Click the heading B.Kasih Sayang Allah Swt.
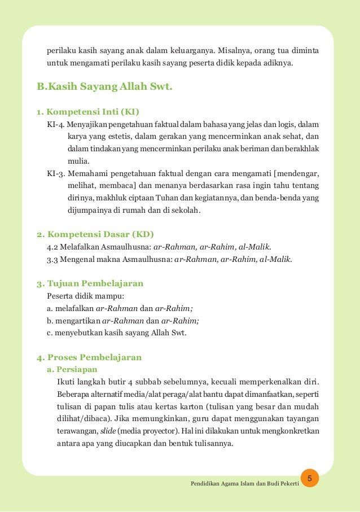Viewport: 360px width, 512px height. (x=104, y=87)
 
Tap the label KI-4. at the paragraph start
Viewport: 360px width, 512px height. (x=56, y=124)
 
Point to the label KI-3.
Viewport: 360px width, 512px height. (x=56, y=173)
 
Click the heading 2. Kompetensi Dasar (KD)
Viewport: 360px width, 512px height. (x=95, y=234)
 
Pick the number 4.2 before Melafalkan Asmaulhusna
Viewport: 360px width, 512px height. (x=54, y=247)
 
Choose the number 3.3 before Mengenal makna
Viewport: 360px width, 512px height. (x=54, y=259)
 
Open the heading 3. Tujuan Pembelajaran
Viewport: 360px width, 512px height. (x=90, y=283)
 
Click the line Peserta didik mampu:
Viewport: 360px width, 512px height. (x=85, y=296)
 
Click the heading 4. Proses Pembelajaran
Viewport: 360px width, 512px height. (x=89, y=357)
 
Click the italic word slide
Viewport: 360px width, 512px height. (x=108, y=431)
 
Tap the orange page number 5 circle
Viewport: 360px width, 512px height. (x=309, y=479)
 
